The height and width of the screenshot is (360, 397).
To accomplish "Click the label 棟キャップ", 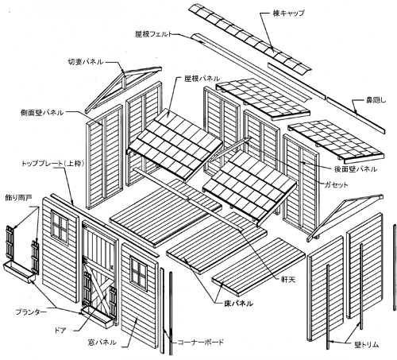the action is [x=288, y=13].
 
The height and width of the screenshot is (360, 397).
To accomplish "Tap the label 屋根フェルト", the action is [x=154, y=34].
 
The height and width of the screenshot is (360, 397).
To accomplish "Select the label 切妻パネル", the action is [x=86, y=62].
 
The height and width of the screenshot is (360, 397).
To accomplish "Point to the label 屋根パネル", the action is [x=202, y=78].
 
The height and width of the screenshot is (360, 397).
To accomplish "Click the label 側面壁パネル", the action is [x=42, y=112].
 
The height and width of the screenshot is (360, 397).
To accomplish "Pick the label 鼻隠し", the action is [x=376, y=100].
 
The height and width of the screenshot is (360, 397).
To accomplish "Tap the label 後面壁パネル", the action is [x=356, y=168].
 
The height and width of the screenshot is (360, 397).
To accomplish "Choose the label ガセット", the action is [x=336, y=184].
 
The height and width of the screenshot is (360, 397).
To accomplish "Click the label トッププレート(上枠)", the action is [x=53, y=164].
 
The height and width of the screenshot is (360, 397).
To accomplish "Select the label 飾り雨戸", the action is [x=18, y=198].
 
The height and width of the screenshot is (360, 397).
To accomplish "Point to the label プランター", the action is [x=31, y=312].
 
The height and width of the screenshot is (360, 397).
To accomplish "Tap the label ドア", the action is [x=60, y=330].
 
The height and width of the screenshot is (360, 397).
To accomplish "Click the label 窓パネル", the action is [x=102, y=342].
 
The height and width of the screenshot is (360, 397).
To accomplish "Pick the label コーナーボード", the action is [x=200, y=342].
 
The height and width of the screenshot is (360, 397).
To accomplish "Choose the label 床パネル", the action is [x=238, y=304].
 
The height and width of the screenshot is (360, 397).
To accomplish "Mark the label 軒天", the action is [x=288, y=279].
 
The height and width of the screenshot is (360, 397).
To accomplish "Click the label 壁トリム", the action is [x=367, y=345].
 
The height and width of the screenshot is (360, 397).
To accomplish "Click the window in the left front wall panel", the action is [x=60, y=226].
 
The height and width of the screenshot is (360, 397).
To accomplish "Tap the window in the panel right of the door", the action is [x=138, y=273].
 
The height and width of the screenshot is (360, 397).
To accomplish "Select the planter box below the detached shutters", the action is [x=19, y=273].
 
